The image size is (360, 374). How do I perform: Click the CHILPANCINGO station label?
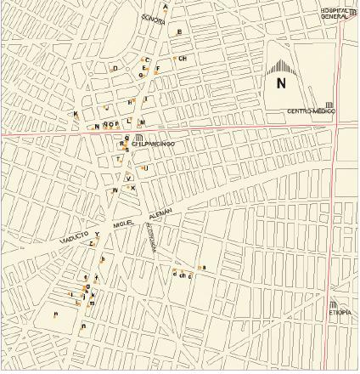(x=153, y=144)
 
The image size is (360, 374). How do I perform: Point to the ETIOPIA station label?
(x=340, y=312)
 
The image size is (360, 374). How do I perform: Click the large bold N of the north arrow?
(x=281, y=83)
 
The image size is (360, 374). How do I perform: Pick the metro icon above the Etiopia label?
(x=333, y=305)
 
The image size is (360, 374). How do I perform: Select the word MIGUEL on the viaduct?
(x=124, y=223)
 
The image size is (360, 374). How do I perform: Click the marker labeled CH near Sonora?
(x=182, y=59)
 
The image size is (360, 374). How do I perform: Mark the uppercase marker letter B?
(x=178, y=32)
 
